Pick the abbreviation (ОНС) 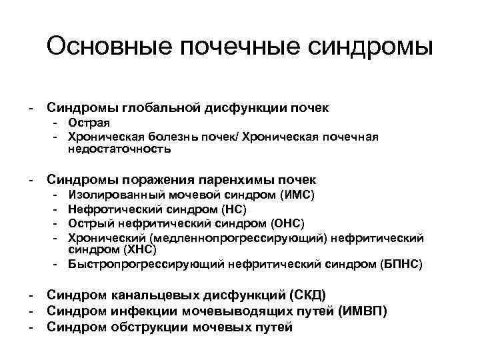pos(287,223)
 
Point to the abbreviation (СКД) pos(308,295)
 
